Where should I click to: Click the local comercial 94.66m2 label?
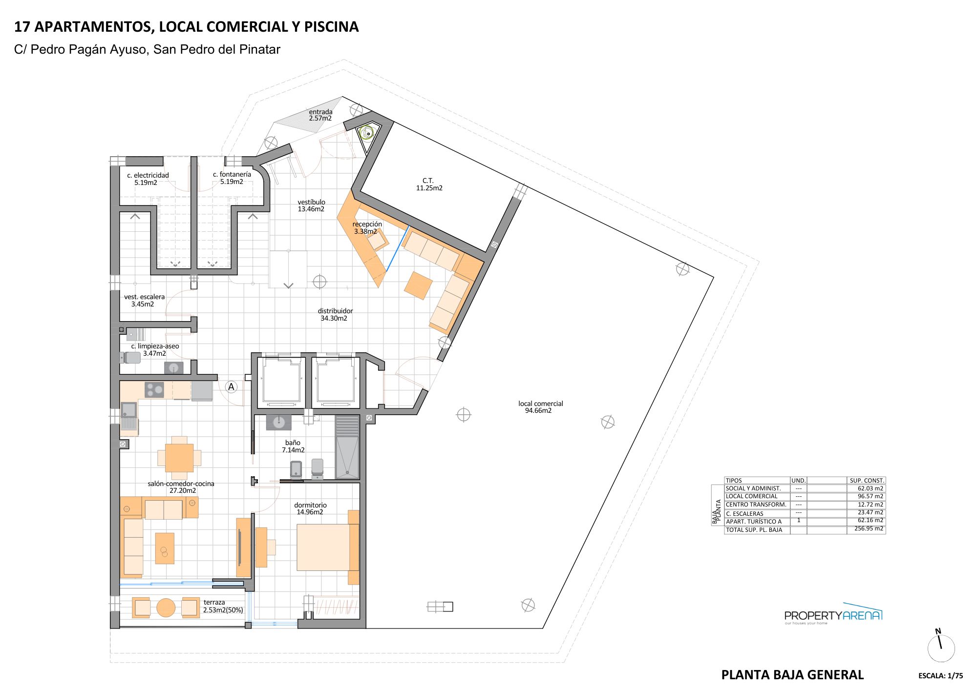click(540, 407)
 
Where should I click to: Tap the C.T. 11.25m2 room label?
click(429, 184)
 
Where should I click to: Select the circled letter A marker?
click(231, 387)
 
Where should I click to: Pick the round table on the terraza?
click(166, 608)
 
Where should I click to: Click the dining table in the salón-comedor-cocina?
click(179, 458)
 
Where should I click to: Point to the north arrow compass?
click(941, 647)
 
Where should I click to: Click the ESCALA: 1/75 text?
click(940, 676)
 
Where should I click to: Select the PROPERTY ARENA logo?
click(833, 615)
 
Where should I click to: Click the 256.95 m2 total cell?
click(869, 528)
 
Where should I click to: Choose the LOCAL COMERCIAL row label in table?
click(751, 496)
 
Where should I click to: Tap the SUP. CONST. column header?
click(867, 480)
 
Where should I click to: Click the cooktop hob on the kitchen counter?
click(154, 389)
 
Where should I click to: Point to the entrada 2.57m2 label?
click(320, 115)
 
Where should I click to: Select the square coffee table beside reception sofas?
click(418, 285)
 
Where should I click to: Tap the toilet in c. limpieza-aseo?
click(131, 358)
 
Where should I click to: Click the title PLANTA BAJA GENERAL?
click(792, 675)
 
